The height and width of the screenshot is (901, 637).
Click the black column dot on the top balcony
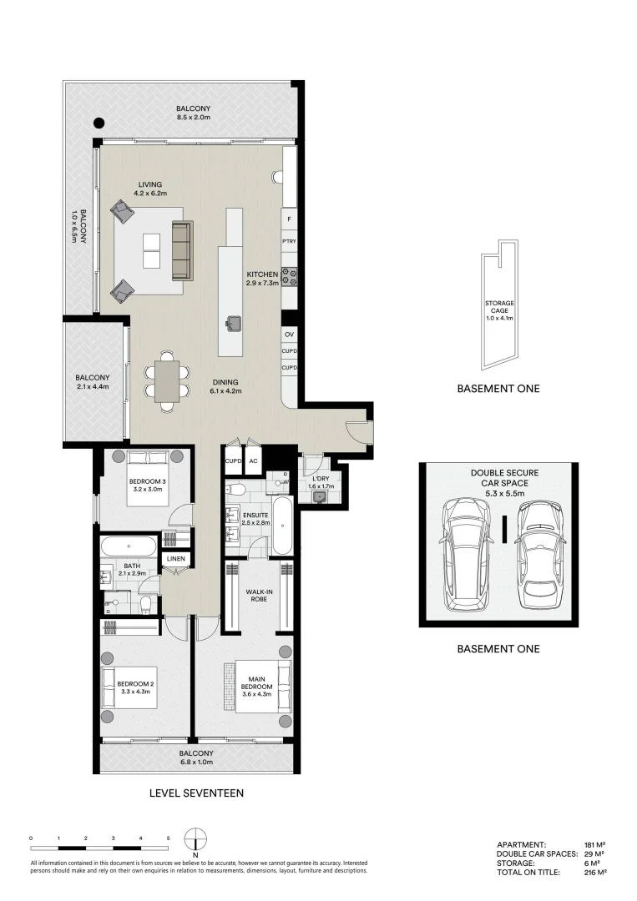tap(99, 121)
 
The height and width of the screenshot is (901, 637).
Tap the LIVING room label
tap(150, 184)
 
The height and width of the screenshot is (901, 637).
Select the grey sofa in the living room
tap(182, 250)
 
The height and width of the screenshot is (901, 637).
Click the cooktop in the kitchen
tap(290, 276)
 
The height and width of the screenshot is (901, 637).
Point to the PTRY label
tap(290, 242)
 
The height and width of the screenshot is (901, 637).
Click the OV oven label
tap(290, 335)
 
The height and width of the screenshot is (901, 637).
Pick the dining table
tap(166, 382)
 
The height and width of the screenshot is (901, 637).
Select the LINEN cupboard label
tap(175, 558)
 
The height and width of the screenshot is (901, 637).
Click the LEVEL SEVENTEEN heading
tap(196, 793)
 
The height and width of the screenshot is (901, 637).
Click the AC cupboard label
tap(252, 460)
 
